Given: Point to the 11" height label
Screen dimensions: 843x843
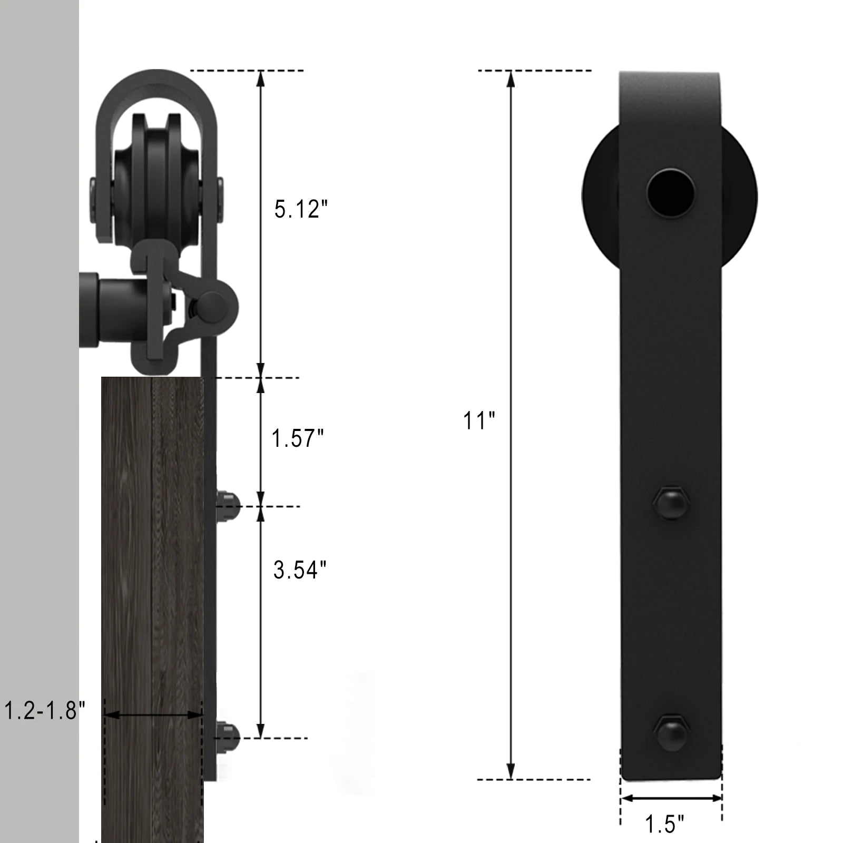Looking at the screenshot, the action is click(x=479, y=421).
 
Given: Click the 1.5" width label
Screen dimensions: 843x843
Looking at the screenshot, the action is click(x=664, y=824).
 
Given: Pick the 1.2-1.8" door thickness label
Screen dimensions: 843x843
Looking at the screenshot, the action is click(x=44, y=711).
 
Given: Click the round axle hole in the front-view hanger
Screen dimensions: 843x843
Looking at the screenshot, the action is click(x=671, y=193).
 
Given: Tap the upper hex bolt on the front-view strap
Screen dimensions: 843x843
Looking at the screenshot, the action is click(x=671, y=504).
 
